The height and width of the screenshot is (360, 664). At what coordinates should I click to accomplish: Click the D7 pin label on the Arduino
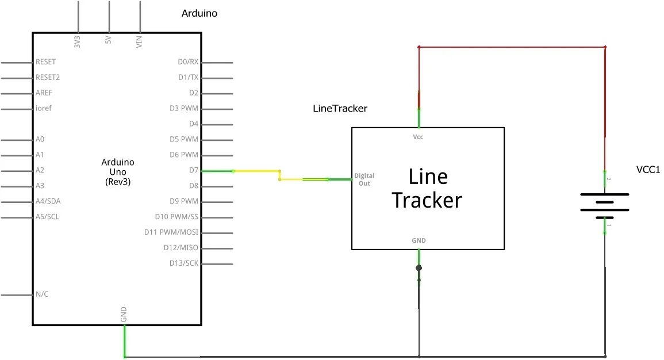[193, 170]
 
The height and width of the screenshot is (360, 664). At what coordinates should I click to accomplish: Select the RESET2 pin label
[48, 77]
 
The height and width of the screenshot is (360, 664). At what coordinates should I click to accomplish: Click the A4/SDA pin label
[48, 201]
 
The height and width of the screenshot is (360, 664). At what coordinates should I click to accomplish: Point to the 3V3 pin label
[77, 41]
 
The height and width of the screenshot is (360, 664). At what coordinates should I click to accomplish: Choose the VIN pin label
[139, 41]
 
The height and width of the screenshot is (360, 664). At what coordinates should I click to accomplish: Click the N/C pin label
[42, 294]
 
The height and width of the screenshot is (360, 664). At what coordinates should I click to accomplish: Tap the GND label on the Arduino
[124, 315]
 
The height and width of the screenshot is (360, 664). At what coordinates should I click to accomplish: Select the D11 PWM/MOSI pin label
[171, 232]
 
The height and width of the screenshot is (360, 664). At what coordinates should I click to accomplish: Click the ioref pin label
[44, 108]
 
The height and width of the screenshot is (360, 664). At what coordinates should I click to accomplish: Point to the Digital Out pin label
[364, 179]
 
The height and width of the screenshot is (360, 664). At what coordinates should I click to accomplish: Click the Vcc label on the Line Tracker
[419, 137]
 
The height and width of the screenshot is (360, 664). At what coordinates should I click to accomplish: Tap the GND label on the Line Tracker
[419, 240]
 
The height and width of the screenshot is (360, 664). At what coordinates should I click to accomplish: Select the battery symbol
[605, 202]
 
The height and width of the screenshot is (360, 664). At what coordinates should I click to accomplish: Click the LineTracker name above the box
[340, 108]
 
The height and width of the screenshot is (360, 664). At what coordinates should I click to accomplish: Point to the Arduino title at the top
[199, 13]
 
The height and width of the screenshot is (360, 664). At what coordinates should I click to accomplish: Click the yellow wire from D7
[256, 171]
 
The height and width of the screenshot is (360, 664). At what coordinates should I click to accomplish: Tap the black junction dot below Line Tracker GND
[419, 268]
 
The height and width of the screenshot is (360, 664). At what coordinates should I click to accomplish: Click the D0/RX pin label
[188, 62]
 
